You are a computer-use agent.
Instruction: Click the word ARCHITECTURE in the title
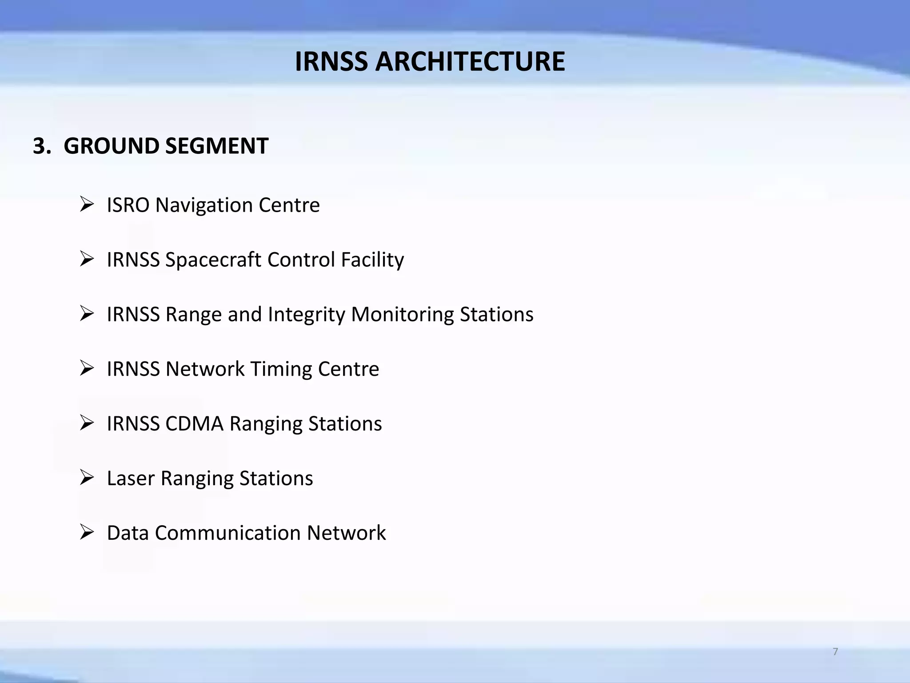[x=470, y=61]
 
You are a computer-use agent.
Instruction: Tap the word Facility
[x=372, y=260]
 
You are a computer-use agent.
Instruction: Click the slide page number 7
[x=835, y=652]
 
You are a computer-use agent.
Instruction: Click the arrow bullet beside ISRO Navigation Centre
[x=87, y=205]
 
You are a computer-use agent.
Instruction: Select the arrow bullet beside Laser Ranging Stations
[x=87, y=478]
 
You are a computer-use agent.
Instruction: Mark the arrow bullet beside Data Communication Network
[x=87, y=532]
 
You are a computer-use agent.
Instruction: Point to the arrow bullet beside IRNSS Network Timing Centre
[x=87, y=369]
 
